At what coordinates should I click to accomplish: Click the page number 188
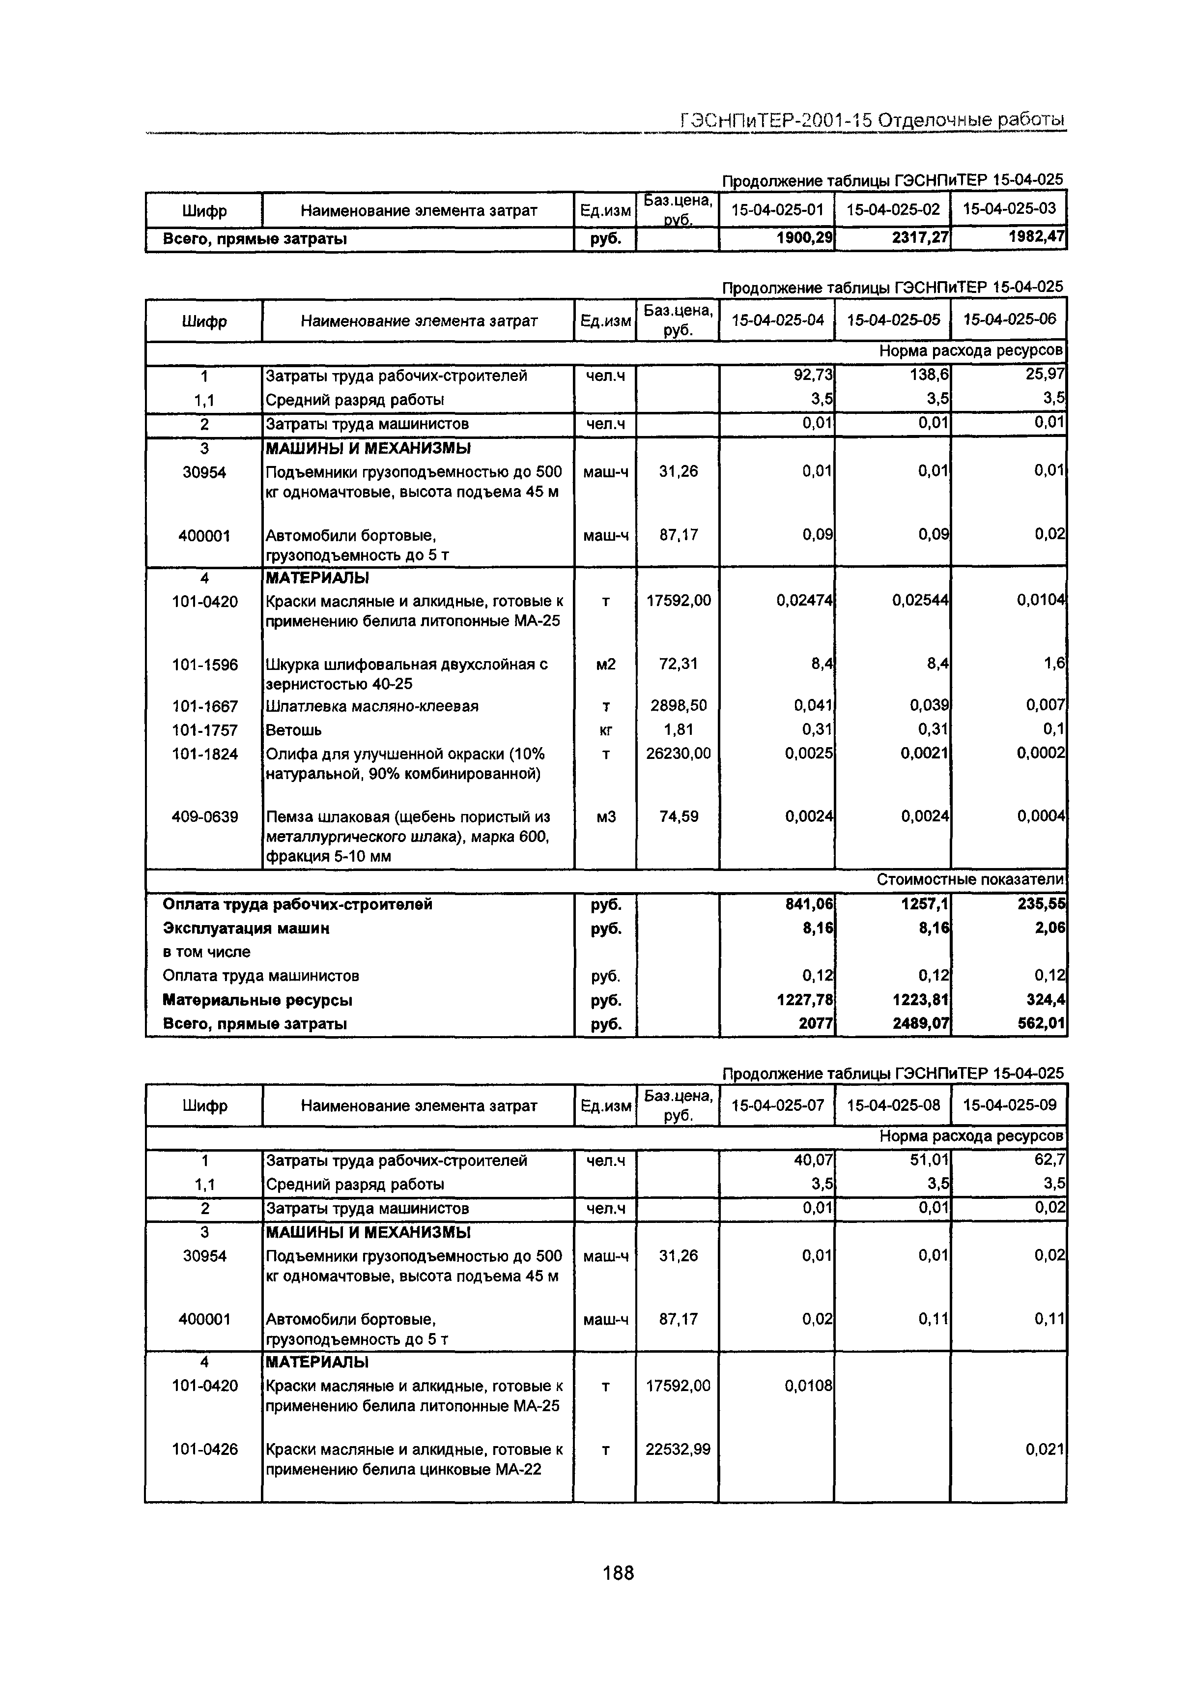point(618,1573)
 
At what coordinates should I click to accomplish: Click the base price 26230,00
point(678,754)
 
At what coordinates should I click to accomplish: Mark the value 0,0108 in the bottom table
point(808,1386)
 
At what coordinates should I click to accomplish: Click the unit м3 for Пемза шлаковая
point(605,816)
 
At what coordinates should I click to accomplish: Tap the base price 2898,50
point(678,706)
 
